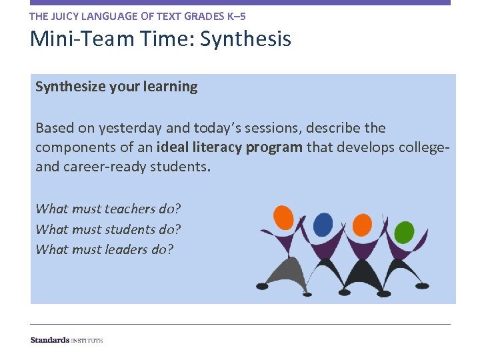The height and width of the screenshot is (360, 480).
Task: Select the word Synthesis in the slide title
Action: tap(245, 39)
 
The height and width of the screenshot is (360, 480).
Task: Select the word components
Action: tap(71, 147)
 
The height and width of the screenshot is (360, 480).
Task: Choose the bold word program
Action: tap(274, 147)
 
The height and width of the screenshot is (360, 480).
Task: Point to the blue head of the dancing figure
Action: tap(323, 225)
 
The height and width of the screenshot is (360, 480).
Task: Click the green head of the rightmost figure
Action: tap(404, 232)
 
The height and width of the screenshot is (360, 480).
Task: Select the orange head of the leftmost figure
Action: tap(284, 217)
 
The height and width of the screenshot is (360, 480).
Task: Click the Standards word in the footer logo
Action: tap(49, 340)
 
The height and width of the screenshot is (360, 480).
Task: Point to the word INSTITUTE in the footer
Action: tap(87, 341)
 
